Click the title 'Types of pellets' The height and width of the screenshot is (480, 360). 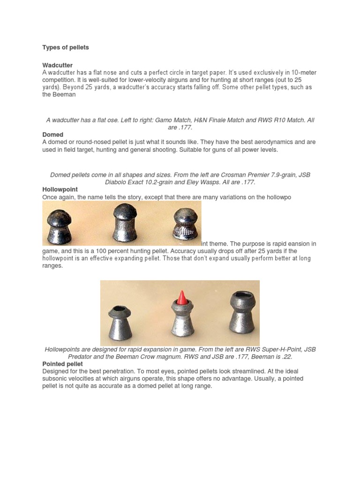click(66, 47)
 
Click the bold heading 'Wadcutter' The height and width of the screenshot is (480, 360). click(57, 65)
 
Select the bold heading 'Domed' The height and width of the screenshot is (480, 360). click(52, 135)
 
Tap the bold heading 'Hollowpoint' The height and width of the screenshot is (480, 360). click(60, 190)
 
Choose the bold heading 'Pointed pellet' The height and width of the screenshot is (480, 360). click(62, 364)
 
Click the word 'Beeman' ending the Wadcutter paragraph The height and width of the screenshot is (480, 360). click(58, 94)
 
